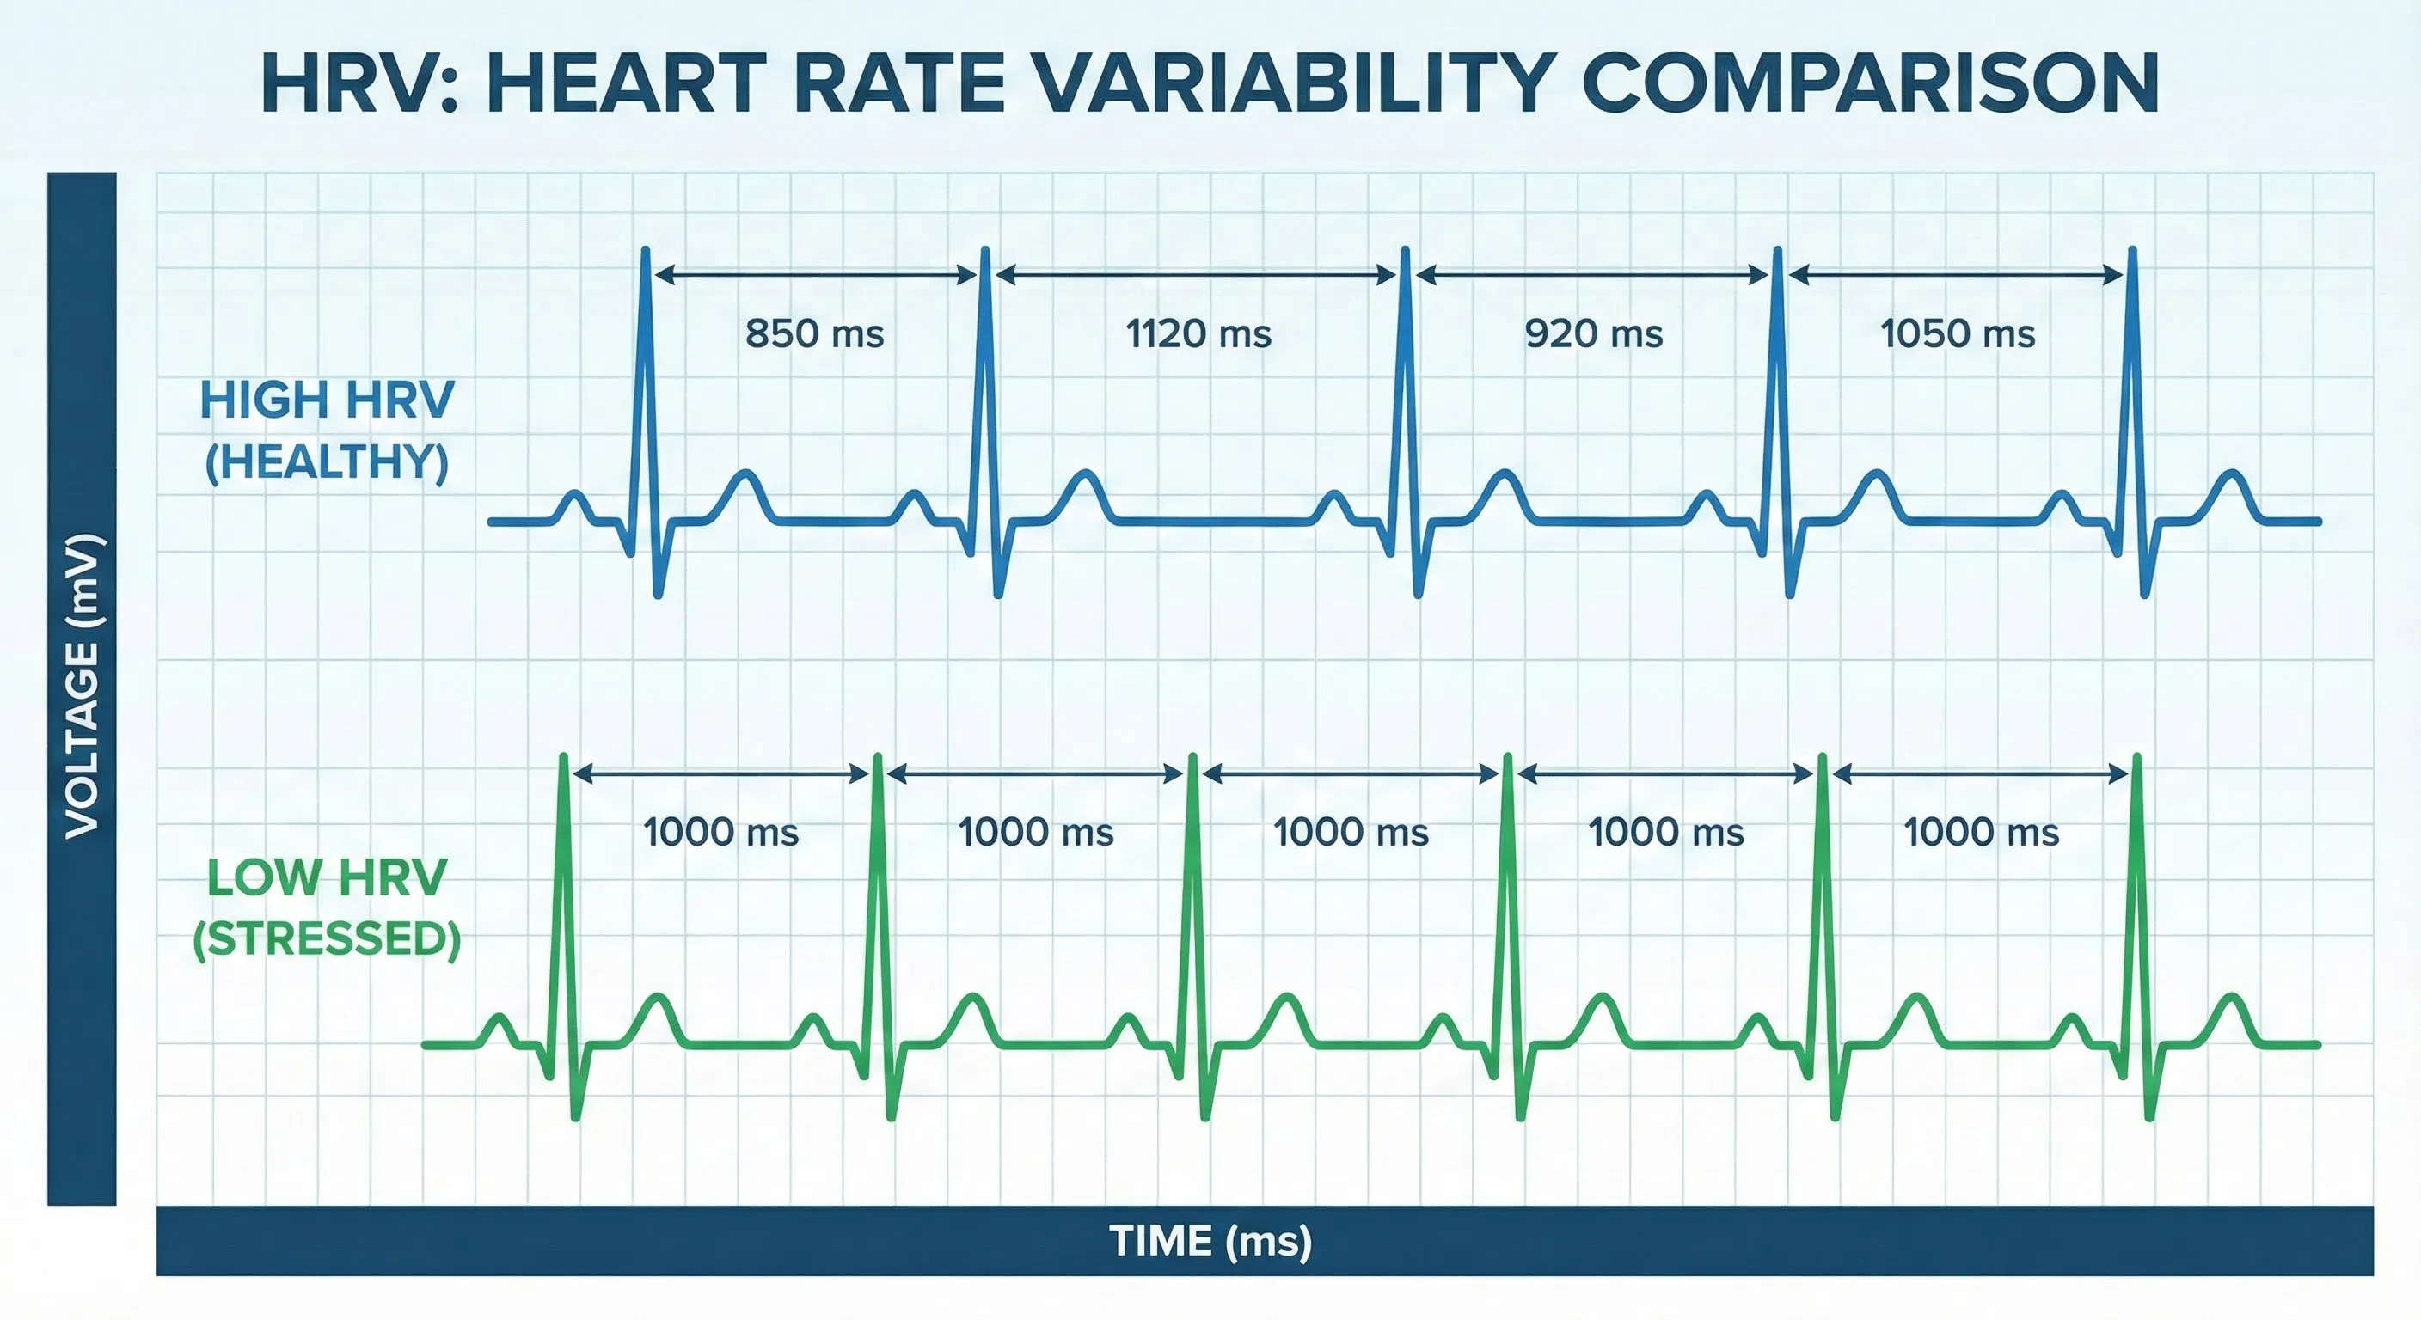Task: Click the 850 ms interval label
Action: [814, 333]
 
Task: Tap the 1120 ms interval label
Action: [1198, 333]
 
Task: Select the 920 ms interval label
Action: [1593, 333]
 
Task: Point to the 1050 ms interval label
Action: [1958, 333]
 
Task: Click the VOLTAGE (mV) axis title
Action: [82, 686]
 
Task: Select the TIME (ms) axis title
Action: [1210, 1241]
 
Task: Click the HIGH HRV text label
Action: [327, 400]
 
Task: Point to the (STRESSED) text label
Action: [327, 939]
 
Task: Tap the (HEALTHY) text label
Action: [327, 462]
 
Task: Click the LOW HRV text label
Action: [327, 878]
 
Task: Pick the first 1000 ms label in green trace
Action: [720, 833]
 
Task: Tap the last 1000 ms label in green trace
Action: [1981, 833]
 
